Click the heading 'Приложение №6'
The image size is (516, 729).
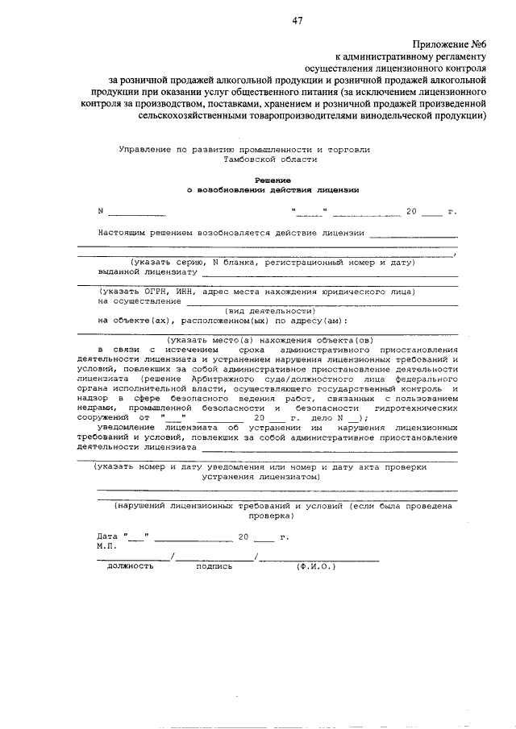point(450,44)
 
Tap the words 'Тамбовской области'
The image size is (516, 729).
point(272,159)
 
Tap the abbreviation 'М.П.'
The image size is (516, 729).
point(107,545)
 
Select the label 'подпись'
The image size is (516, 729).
point(214,565)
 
